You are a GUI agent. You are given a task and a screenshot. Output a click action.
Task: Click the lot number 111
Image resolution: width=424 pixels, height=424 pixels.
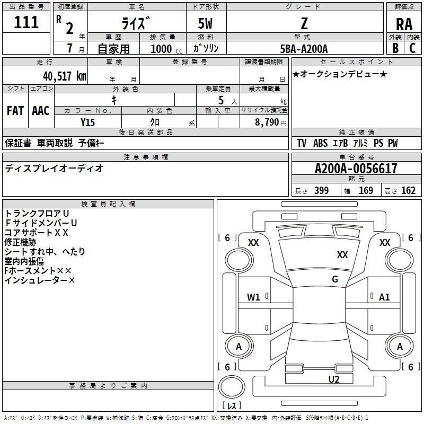coord(26,22)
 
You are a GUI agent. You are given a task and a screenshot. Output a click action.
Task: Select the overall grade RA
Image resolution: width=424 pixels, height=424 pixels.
coord(404,24)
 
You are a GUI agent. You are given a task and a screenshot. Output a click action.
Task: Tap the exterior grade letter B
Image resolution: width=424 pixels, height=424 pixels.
coord(395,48)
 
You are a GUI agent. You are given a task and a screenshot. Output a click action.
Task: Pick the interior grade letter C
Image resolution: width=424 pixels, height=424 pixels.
coord(412,48)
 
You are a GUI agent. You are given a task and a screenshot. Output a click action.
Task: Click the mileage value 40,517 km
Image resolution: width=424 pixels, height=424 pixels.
coord(65,76)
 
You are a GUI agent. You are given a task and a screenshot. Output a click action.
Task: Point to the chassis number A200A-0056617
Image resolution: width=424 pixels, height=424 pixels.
coord(356,169)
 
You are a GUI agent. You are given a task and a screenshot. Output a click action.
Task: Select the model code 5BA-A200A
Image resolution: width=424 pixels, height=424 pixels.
coord(304,49)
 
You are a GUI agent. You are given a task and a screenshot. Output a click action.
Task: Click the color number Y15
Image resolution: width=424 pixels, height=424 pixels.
coord(87,122)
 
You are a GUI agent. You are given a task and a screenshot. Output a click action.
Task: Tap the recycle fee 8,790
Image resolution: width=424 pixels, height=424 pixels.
coord(267,122)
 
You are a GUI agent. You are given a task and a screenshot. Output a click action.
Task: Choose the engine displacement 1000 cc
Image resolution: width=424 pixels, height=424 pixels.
coord(166,49)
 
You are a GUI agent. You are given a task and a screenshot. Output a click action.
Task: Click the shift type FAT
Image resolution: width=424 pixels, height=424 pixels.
coord(15,111)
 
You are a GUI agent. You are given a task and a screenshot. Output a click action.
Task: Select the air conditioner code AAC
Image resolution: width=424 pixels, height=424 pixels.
coord(41,111)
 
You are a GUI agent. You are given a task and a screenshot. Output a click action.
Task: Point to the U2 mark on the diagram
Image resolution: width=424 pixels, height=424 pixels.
coord(334,379)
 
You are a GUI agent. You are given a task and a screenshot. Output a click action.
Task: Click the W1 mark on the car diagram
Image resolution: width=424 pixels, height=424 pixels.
coord(253,297)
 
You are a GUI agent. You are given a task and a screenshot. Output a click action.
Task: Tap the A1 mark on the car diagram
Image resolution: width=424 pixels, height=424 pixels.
coord(384,297)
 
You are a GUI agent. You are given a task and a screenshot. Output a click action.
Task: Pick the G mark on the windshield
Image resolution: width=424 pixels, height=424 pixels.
coord(335,279)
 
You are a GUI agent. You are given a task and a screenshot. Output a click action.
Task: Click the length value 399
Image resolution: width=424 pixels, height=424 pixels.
coord(322,190)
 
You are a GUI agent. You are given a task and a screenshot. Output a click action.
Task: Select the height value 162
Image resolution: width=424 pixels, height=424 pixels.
coord(408,190)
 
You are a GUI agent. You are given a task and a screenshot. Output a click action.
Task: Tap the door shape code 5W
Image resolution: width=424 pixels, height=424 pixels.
coord(205,23)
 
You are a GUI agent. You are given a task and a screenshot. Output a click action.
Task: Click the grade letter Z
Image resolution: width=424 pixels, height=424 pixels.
coord(304,23)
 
